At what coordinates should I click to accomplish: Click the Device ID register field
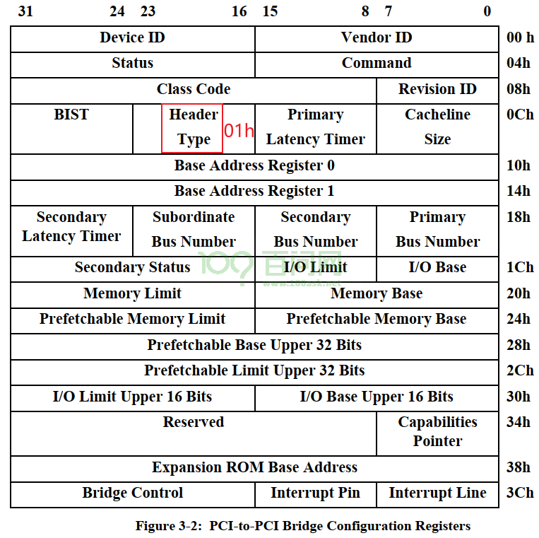click(133, 39)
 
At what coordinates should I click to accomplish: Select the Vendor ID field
click(377, 39)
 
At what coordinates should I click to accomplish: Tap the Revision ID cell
click(437, 90)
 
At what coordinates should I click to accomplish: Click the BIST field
click(71, 129)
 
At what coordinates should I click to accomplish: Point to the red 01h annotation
click(239, 131)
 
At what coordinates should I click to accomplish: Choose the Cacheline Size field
click(437, 129)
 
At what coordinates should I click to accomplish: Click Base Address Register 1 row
click(255, 192)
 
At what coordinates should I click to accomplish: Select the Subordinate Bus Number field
click(194, 231)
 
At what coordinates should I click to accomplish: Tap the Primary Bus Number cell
click(437, 231)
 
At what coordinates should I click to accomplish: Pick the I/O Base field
click(437, 269)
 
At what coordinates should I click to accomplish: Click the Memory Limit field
click(133, 295)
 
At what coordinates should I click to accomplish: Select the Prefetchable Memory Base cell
click(377, 320)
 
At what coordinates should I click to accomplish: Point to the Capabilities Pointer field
click(437, 433)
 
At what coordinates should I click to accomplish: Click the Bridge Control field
click(133, 494)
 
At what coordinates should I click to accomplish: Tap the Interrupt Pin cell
click(316, 494)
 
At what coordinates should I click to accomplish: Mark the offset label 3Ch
click(520, 493)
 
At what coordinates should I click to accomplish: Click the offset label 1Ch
click(520, 267)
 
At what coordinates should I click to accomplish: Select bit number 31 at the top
click(25, 11)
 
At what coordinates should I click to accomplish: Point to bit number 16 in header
click(239, 11)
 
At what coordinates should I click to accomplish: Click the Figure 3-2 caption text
click(303, 526)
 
